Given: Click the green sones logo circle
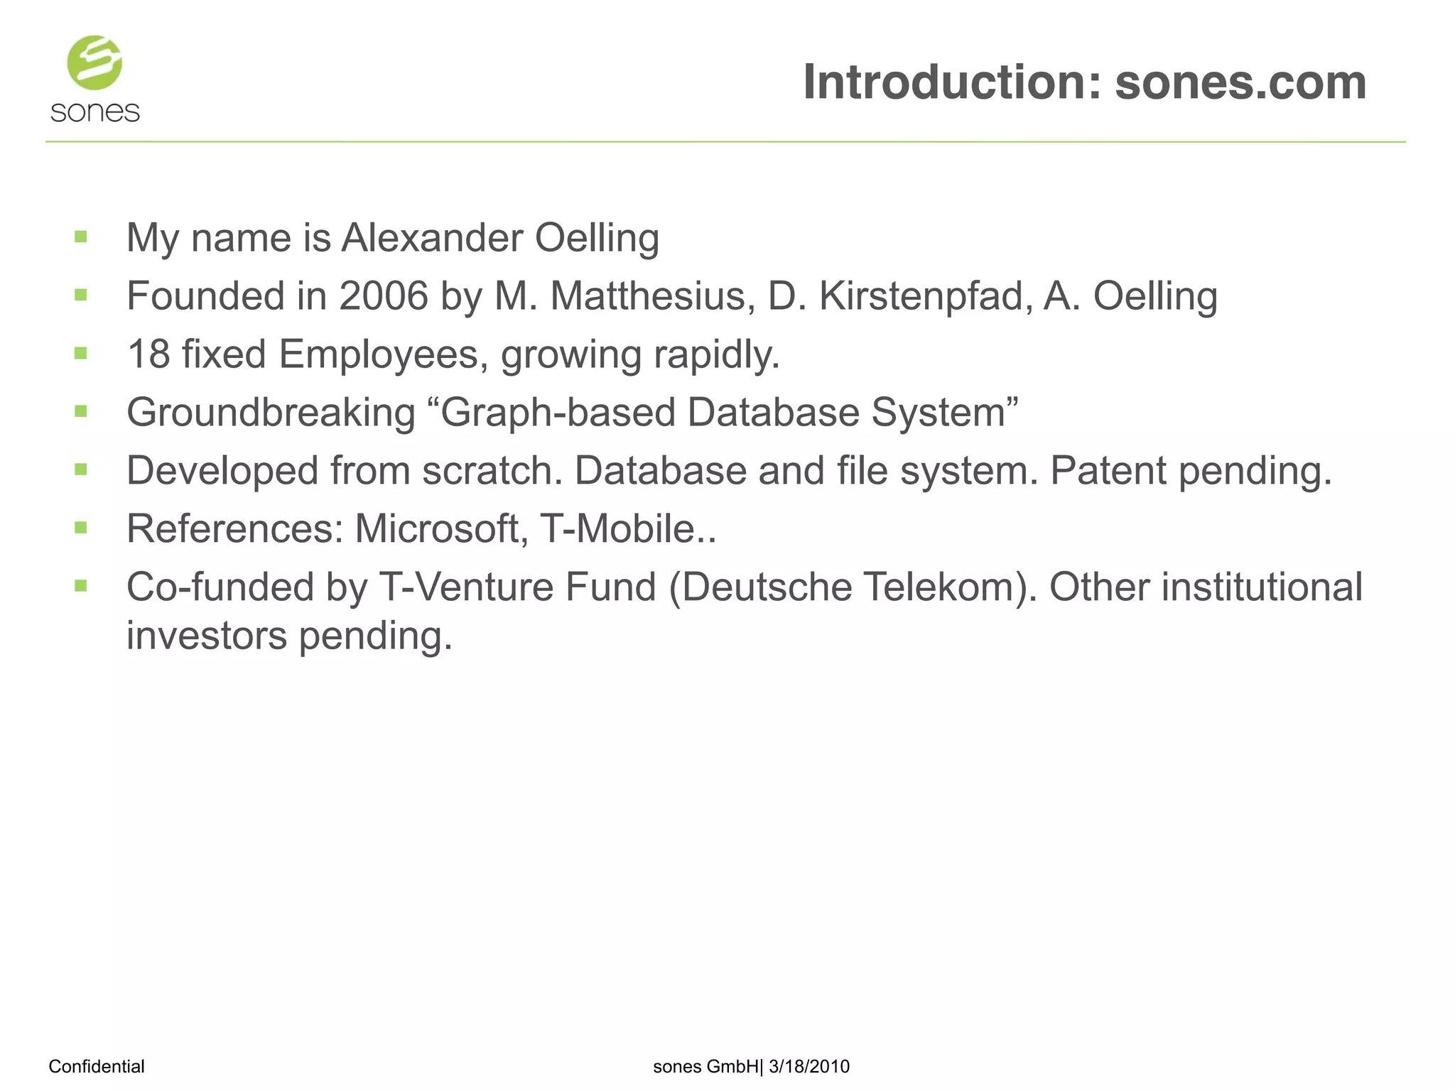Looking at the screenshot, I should tap(94, 63).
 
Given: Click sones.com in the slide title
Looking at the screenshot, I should tap(1240, 82).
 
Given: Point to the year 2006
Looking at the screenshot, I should tap(384, 295).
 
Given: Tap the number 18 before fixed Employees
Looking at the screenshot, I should tap(148, 354).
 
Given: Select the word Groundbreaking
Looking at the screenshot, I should tap(271, 412).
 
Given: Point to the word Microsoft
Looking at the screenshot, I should tap(441, 528).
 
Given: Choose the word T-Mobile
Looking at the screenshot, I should tap(623, 528).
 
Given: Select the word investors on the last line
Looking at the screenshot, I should tap(206, 635).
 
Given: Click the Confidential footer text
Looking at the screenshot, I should tap(97, 1066).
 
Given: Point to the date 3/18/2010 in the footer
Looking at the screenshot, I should tap(809, 1066).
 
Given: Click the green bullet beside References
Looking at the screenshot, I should tap(81, 527).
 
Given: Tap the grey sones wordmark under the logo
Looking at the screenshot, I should tap(95, 112).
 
